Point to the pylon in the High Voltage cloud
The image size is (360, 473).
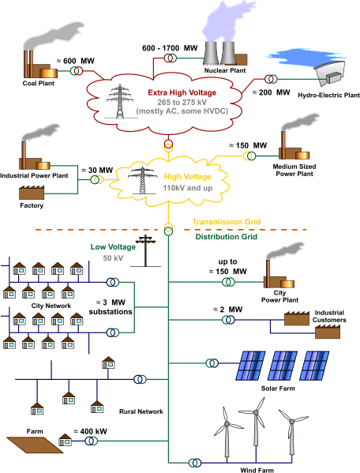click(141, 176)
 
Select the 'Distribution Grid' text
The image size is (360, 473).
click(227, 235)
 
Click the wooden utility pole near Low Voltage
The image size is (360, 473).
click(145, 250)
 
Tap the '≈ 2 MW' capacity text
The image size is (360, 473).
click(231, 310)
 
